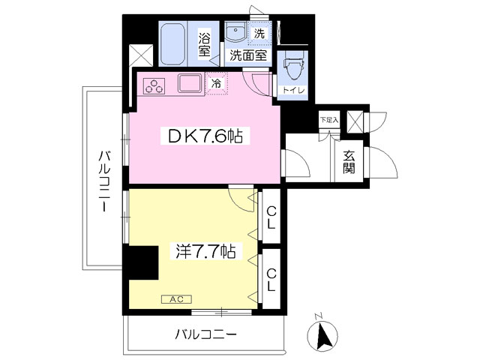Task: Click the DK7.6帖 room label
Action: (205, 136)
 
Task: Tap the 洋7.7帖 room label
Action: (205, 252)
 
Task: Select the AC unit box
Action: (177, 299)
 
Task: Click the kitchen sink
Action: (190, 83)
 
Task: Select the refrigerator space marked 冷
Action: (217, 83)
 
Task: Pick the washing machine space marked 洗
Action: (259, 32)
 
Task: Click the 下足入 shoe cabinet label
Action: (329, 120)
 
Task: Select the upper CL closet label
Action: (271, 218)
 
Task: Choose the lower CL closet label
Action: (271, 279)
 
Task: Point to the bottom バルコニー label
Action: (205, 334)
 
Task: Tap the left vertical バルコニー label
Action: (104, 181)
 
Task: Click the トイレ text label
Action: (293, 90)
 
